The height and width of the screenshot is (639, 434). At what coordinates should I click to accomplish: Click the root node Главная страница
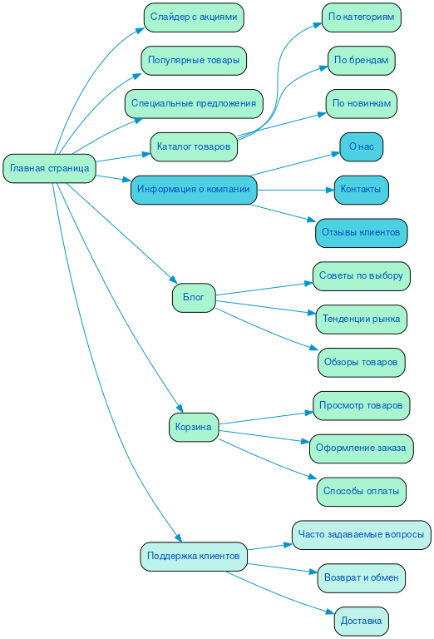(49, 168)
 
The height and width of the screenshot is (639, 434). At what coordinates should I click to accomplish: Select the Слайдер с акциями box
(194, 17)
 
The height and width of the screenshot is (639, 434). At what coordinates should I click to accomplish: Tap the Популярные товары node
(194, 60)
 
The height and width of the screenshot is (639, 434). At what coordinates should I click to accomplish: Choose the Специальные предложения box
(194, 103)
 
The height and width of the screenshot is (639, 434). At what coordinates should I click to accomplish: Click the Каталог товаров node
(194, 146)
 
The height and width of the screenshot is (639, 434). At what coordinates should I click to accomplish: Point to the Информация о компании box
(194, 190)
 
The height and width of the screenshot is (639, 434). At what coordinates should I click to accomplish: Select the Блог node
(194, 298)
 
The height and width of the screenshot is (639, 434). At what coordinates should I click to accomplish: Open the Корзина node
(194, 428)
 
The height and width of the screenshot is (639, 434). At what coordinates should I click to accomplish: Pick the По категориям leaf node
(362, 17)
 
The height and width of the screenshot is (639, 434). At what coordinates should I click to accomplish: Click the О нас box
(362, 146)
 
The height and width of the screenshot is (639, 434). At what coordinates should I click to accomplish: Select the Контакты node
(362, 190)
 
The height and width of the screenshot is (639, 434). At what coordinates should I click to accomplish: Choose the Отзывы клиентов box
(362, 233)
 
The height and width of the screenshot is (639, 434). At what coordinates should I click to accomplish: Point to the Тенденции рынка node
(362, 319)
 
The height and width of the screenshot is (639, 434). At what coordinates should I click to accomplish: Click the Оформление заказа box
(362, 448)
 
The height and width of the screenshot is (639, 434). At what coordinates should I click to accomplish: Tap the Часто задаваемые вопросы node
(362, 534)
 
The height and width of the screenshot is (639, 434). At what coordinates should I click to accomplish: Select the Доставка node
(362, 621)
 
